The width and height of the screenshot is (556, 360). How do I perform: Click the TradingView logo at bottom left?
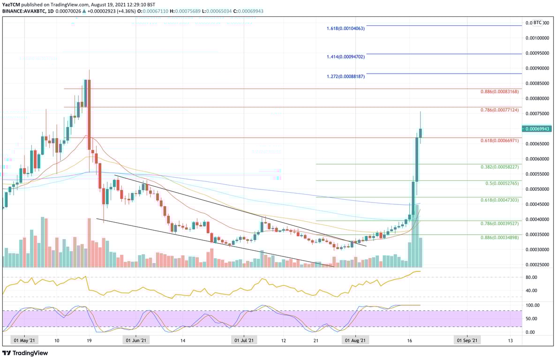pos(25,353)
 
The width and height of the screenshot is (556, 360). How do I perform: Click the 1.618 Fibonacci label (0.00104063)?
pos(346,29)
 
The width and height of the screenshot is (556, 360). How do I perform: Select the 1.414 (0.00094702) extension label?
pos(346,57)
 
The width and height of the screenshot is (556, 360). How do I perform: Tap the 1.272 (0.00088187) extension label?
pos(346,76)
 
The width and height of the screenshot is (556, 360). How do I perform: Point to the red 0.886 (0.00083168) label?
pos(500,92)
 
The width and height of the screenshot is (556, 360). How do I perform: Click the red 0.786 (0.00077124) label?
pos(500,110)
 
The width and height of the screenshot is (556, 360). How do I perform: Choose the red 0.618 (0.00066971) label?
pos(500,141)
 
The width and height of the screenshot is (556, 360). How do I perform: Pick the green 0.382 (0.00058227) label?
pos(500,167)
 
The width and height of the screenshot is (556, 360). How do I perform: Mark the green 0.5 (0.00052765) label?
pos(502,183)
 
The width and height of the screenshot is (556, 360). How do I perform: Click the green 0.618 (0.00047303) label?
pos(500,200)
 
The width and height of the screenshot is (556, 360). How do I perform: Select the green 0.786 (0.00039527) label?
pos(500,224)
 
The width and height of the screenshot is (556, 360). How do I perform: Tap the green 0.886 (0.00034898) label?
pos(500,238)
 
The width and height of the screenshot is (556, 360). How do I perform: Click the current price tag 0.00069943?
pos(538,128)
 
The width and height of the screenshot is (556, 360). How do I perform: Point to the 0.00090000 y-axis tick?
pos(537,68)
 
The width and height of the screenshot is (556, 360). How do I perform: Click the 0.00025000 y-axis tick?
pos(537,265)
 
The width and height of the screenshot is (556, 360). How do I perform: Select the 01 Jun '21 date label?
pos(135,340)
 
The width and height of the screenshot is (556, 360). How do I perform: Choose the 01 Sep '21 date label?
pos(467,340)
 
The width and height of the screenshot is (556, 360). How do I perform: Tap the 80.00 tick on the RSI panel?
pos(531,277)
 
